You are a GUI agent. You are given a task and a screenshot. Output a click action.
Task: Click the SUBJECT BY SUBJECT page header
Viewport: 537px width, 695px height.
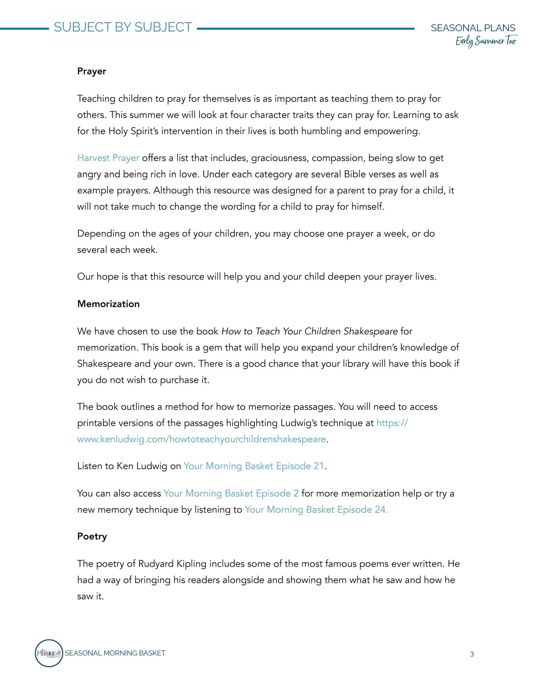[x=123, y=27]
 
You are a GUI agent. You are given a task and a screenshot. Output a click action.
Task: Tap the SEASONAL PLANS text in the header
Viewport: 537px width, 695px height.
[x=473, y=28]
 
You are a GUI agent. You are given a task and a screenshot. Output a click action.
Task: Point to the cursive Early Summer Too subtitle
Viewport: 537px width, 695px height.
[x=486, y=41]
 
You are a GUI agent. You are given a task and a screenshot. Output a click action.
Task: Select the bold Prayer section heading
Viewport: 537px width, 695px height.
[x=92, y=71]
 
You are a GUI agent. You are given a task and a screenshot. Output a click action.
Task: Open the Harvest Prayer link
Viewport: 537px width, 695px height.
[x=108, y=158]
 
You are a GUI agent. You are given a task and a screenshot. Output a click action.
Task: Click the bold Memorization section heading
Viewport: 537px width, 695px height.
[x=108, y=304]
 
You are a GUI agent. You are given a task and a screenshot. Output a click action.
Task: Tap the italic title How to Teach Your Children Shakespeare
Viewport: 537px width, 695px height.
[x=309, y=331]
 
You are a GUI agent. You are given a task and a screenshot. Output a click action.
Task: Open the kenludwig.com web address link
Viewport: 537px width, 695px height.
[x=202, y=439]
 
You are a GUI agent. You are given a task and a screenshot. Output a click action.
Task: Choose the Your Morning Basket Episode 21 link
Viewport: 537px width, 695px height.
[x=254, y=466]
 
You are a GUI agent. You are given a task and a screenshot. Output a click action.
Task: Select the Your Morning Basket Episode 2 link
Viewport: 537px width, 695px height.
[x=231, y=493]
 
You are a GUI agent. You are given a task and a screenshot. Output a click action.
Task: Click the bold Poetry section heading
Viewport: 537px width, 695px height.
[x=92, y=537]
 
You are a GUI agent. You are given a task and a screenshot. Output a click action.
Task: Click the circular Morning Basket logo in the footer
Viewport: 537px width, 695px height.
[x=49, y=653]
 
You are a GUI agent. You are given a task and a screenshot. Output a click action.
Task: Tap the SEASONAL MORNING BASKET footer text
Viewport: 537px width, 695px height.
[x=115, y=653]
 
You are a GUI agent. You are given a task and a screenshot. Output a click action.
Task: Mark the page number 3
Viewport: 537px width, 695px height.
[x=472, y=654]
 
